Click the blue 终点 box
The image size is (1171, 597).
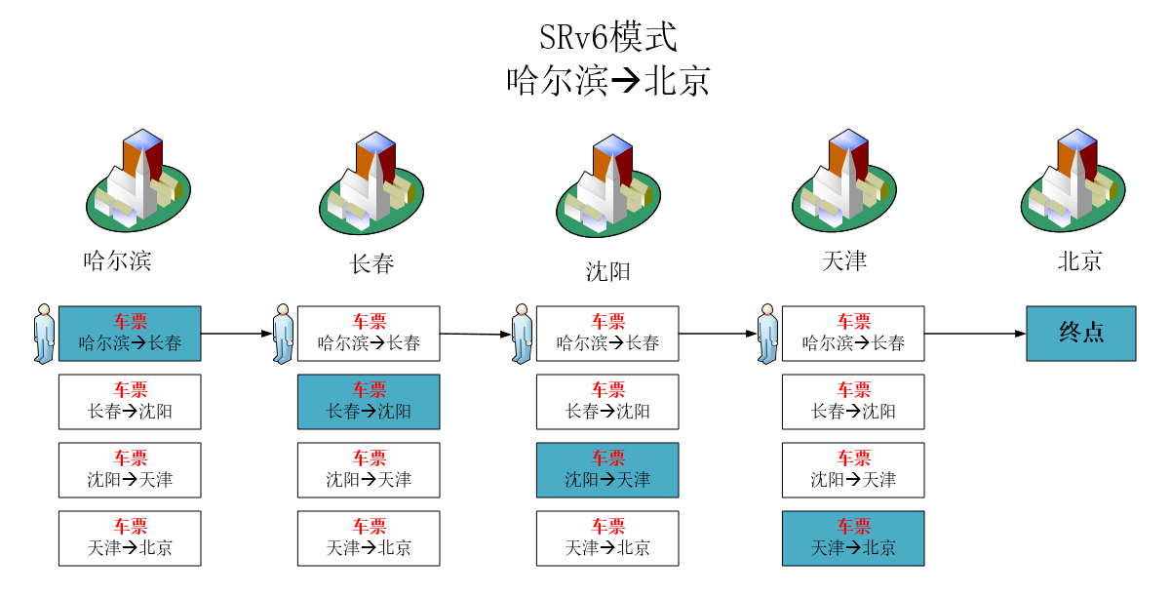tap(1080, 334)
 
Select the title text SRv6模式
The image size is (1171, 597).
tap(607, 38)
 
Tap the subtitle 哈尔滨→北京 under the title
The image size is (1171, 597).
tap(607, 81)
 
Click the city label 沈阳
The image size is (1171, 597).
tap(607, 271)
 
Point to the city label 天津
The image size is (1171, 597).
tap(843, 261)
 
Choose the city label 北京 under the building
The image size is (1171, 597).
tap(1079, 261)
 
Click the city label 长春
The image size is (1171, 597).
tap(371, 263)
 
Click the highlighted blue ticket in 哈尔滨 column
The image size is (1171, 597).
tap(130, 334)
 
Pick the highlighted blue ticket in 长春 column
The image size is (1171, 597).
tap(369, 402)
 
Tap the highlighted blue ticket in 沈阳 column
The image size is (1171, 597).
tap(607, 470)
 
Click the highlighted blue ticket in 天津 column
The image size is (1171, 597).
tap(853, 538)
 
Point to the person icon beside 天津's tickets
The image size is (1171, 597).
tap(767, 334)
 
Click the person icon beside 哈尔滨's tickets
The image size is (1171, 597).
tap(44, 334)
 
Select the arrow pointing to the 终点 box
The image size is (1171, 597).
tap(975, 334)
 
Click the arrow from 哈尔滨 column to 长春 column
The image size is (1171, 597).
tap(236, 334)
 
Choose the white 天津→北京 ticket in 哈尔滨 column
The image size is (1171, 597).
tap(130, 538)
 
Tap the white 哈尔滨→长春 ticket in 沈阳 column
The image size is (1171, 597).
tap(607, 334)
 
